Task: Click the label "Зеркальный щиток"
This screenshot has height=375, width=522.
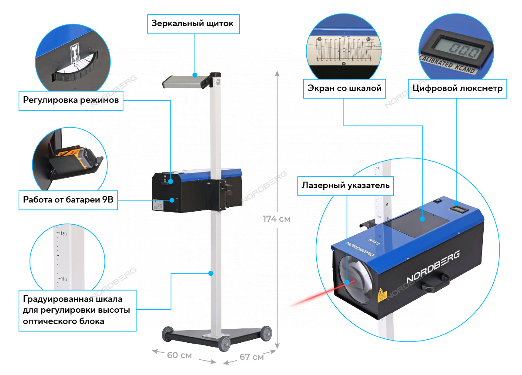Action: point(193,24)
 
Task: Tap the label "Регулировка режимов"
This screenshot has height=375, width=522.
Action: point(70,101)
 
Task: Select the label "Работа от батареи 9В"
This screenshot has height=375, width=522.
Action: point(68,201)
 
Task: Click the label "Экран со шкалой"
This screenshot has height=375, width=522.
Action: point(344,89)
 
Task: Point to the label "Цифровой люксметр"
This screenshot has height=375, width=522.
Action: point(457,89)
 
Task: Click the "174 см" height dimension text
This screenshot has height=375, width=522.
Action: point(276,219)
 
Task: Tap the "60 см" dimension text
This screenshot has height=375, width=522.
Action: point(179,355)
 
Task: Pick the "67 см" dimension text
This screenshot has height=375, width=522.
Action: point(251,357)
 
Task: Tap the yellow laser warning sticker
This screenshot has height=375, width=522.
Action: point(382,295)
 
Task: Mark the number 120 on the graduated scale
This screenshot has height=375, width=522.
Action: point(63,234)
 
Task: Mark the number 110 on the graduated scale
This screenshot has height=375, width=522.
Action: point(63,279)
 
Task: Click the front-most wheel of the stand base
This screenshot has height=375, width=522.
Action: point(225,345)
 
